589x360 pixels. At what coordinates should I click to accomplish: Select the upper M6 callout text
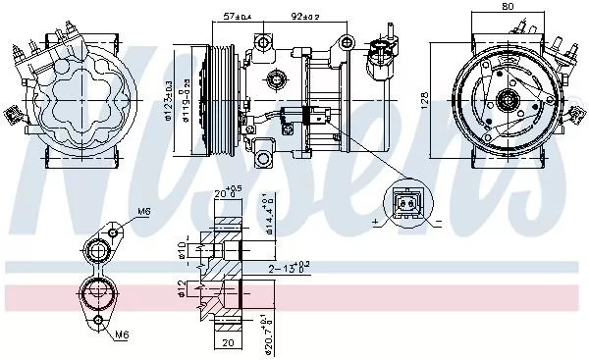click(x=143, y=212)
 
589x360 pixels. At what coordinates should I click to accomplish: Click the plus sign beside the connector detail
click(x=376, y=225)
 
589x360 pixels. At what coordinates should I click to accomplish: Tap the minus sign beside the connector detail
click(x=436, y=225)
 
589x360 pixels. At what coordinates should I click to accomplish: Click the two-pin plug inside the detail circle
click(x=405, y=205)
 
